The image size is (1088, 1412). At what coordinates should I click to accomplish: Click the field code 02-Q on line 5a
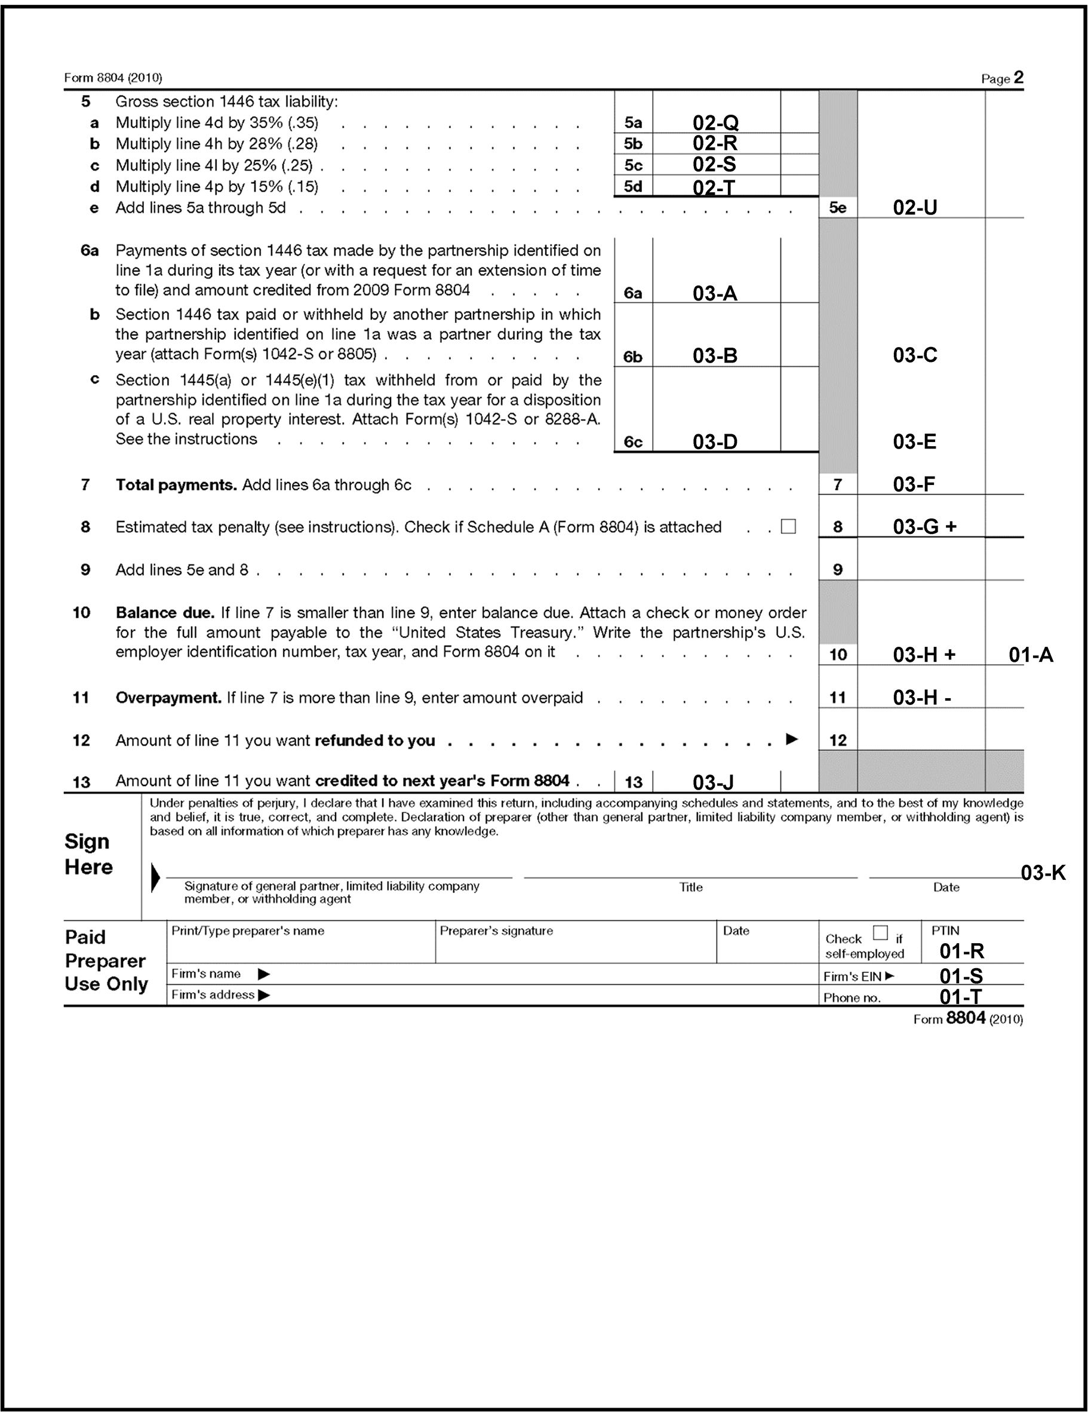click(715, 122)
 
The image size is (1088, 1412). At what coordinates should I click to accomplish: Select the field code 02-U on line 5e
click(915, 207)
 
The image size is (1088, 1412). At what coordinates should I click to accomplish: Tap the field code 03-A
click(714, 293)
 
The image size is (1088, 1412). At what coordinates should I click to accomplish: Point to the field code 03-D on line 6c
click(714, 442)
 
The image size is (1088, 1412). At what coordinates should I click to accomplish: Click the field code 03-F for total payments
click(914, 484)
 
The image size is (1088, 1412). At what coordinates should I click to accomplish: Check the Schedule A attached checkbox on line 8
click(788, 526)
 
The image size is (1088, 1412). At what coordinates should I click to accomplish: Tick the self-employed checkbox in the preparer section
click(880, 932)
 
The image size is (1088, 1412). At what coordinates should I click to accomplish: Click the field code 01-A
click(1031, 655)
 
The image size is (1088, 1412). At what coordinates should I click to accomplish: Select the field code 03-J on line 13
click(713, 782)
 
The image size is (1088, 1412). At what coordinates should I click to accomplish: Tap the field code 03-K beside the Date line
click(1043, 873)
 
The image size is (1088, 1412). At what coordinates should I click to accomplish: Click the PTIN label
click(945, 931)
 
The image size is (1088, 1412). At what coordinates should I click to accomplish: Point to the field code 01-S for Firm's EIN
click(961, 975)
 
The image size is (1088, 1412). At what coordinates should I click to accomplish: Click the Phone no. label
click(852, 997)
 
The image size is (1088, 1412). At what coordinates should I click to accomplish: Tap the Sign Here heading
click(88, 854)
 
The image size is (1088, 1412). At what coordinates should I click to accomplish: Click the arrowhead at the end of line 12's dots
click(791, 739)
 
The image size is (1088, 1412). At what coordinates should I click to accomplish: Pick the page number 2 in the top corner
click(1018, 78)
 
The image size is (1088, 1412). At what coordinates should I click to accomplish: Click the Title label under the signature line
click(690, 887)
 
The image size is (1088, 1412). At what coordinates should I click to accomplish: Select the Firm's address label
click(213, 995)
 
